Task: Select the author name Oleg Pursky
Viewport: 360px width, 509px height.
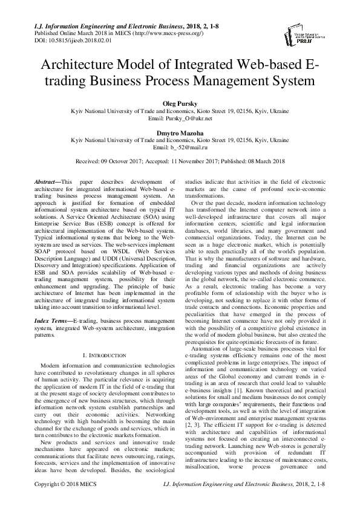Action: click(x=180, y=103)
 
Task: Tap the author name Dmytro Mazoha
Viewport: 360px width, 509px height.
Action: click(x=180, y=132)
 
